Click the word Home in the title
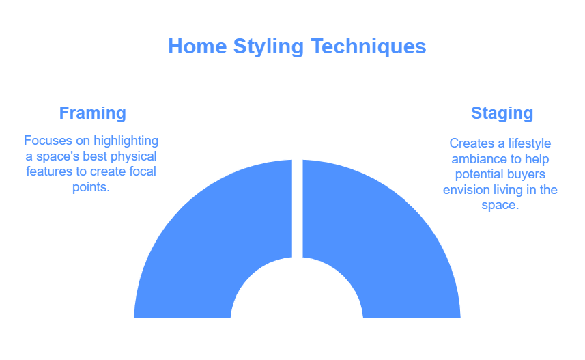tap(197, 46)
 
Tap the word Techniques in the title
tap(369, 46)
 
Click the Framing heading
tap(93, 113)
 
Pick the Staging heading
tap(502, 113)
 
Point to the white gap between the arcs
tap(298, 208)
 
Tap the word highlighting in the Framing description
tap(126, 141)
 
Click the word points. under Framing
tap(91, 187)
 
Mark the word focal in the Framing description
tap(143, 171)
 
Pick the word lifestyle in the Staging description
tap(530, 143)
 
